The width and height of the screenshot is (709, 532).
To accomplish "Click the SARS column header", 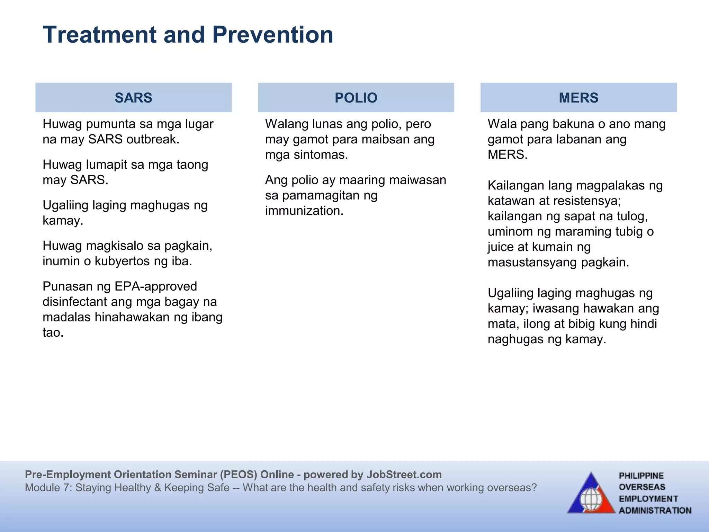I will pos(133,98).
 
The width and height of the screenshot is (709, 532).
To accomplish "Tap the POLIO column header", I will pos(356,98).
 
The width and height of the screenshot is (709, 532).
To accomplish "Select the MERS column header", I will pos(578,98).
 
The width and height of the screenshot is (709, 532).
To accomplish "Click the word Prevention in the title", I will pos(272,35).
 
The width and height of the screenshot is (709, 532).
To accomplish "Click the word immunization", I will pos(304,211).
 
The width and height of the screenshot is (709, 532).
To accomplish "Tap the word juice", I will pos(501,247).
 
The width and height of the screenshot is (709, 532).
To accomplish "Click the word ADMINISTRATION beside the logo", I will pos(655,511).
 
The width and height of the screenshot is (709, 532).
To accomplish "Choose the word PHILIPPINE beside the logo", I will pos(641,476).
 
